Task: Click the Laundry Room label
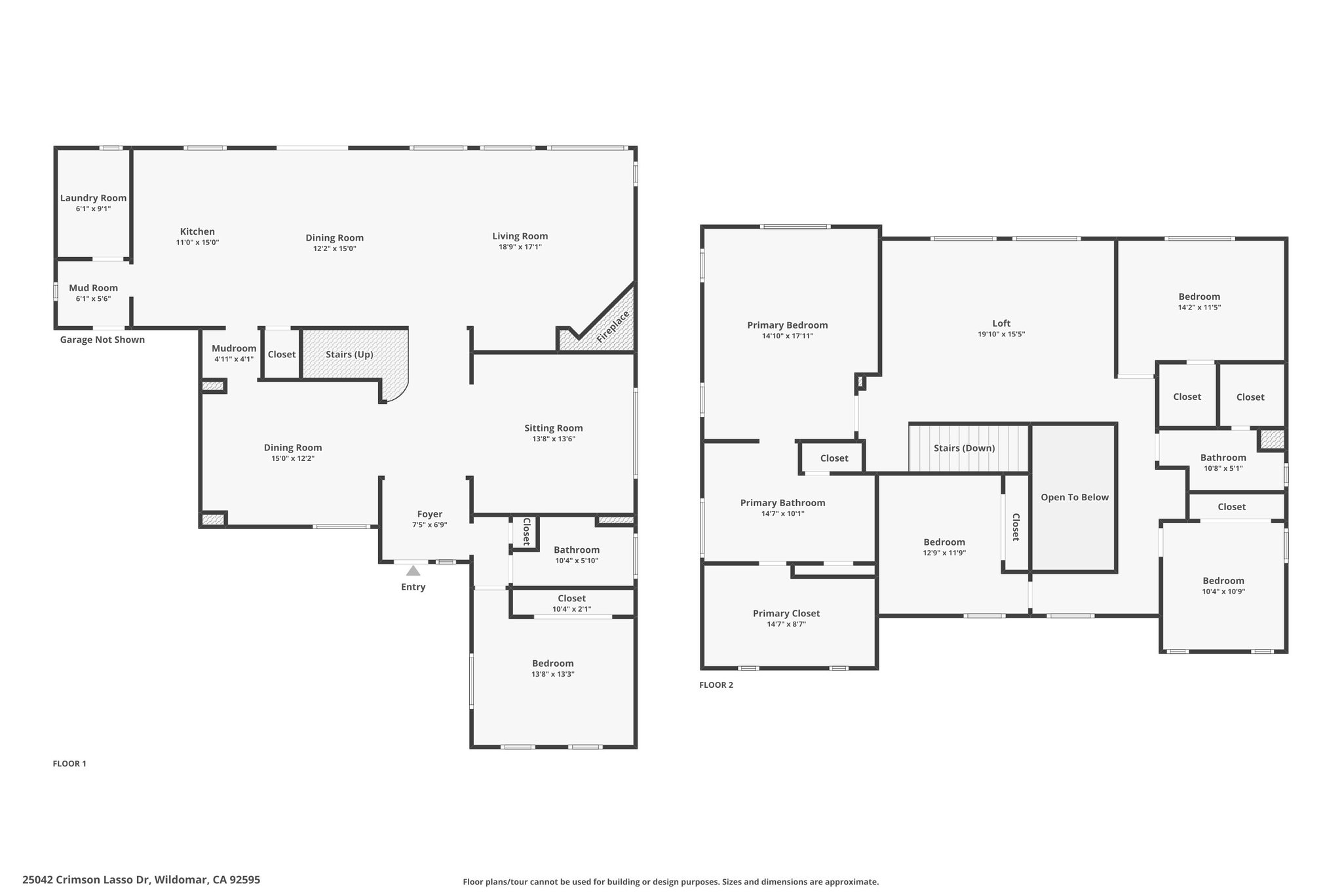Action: (x=93, y=198)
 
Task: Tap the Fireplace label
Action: (x=613, y=326)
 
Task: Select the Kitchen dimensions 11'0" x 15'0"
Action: (x=197, y=243)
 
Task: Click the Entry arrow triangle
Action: (x=413, y=571)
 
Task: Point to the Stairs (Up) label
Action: (x=349, y=355)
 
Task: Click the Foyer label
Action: (x=430, y=514)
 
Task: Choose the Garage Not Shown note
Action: (x=102, y=340)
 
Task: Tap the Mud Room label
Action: (x=93, y=288)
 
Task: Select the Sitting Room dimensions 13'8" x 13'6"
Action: (x=553, y=439)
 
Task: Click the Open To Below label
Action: (x=1075, y=497)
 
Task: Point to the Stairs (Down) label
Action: (x=964, y=448)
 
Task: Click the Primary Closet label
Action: (x=786, y=614)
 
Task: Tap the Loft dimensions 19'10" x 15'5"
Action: (x=1001, y=334)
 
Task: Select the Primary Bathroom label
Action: (x=782, y=503)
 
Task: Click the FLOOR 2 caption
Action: (x=716, y=685)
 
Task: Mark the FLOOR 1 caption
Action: (x=69, y=764)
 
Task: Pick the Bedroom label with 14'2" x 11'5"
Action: (x=1199, y=296)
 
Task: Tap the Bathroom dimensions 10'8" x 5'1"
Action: (x=1223, y=469)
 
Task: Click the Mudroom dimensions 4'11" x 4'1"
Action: (x=233, y=359)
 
